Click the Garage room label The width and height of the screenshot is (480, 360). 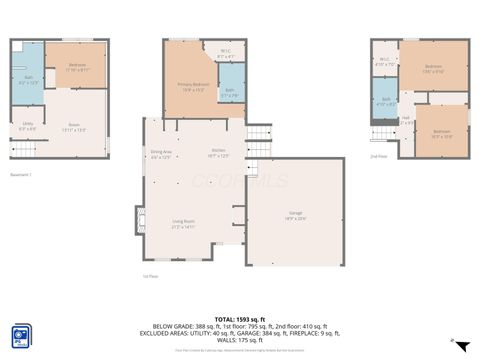click(297, 217)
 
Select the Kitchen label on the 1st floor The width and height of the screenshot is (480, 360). click(218, 153)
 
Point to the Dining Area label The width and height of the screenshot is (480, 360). click(161, 154)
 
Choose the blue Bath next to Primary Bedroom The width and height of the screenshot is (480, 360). click(229, 93)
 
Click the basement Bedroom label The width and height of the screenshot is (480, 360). click(79, 67)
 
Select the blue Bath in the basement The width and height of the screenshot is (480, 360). click(29, 79)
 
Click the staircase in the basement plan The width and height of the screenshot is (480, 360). click(24, 149)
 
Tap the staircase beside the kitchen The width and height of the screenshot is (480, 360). click(258, 133)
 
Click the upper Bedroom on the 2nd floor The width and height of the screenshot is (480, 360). click(433, 69)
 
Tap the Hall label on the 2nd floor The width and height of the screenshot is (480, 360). click(406, 120)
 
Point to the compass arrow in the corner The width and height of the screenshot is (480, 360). click(459, 346)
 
